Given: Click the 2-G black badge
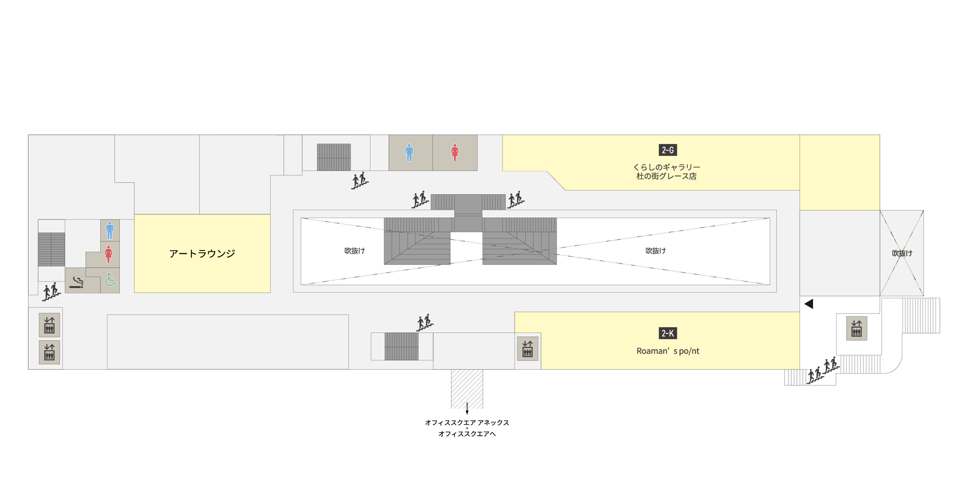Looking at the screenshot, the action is tap(668, 150).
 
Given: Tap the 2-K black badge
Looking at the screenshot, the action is tap(668, 333).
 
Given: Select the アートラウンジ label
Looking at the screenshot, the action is tap(202, 254).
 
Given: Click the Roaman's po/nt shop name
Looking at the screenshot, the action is tap(668, 351).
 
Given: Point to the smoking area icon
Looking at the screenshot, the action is tap(77, 282).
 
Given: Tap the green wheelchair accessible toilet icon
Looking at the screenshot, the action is tap(111, 280).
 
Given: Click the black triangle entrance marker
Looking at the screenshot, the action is tap(809, 304).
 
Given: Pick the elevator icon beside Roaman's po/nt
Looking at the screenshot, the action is tap(528, 349).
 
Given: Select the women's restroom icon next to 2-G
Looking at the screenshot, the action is tap(455, 153).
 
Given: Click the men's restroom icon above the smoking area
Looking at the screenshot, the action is tap(110, 230).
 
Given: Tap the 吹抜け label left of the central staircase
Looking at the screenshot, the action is tap(355, 251).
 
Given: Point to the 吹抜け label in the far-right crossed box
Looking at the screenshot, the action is tap(902, 253).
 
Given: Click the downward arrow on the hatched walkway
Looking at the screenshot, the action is tap(467, 408).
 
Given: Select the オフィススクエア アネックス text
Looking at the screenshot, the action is tap(467, 423).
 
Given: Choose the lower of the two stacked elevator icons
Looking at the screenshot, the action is tap(50, 352).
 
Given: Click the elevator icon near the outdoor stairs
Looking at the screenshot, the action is tap(857, 328).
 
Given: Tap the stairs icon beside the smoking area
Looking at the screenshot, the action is tap(51, 291).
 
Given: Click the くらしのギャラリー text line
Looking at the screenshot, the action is tap(667, 167).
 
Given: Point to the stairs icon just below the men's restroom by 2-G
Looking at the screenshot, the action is tap(360, 181).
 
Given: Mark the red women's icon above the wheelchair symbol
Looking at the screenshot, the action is tap(109, 255).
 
